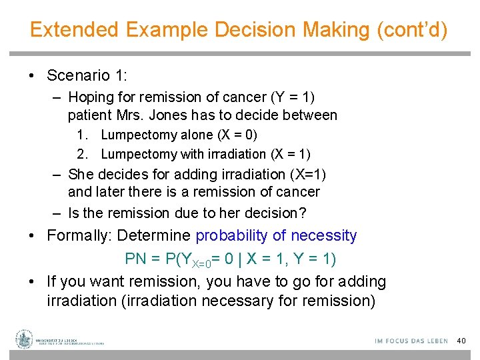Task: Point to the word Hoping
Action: [91, 97]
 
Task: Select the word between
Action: [309, 115]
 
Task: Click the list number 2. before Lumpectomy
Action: [83, 154]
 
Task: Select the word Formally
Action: [77, 235]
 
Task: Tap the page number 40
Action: [461, 341]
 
